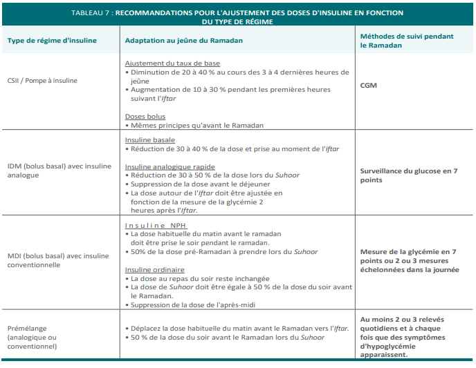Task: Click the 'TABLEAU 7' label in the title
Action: tap(93, 13)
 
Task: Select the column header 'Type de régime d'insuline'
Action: tap(52, 41)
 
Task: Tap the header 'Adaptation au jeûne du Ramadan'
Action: tap(183, 41)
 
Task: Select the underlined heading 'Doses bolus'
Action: tap(145, 117)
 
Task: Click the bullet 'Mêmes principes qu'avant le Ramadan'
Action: tap(196, 126)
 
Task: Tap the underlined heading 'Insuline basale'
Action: tap(149, 139)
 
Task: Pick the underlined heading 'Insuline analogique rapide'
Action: tap(170, 166)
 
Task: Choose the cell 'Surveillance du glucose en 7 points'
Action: tap(409, 175)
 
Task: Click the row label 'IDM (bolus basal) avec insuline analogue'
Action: tap(59, 171)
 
